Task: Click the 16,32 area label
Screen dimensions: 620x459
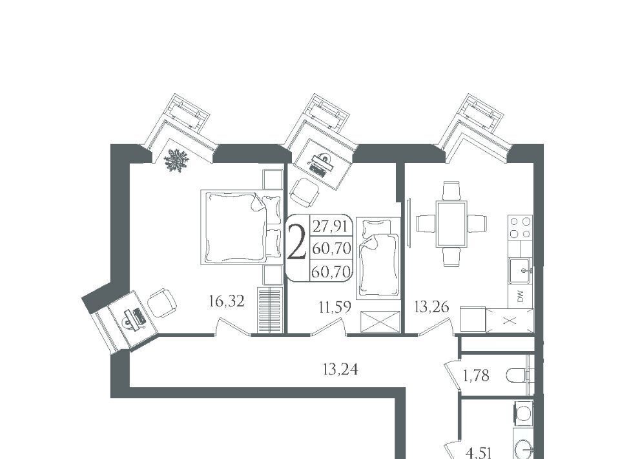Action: click(227, 302)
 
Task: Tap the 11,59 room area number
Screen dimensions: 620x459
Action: click(335, 306)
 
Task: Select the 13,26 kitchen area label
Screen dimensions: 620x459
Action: click(431, 306)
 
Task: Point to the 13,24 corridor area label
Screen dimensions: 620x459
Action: click(340, 369)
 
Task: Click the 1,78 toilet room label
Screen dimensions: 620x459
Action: click(476, 375)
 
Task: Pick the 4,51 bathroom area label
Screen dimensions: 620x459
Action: click(479, 453)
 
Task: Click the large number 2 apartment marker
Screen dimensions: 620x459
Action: click(296, 242)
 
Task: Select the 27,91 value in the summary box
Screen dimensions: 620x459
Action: click(330, 227)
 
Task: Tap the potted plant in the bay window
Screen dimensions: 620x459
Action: click(176, 160)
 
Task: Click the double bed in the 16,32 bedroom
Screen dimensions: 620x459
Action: click(242, 227)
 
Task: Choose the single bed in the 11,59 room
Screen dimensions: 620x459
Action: click(378, 258)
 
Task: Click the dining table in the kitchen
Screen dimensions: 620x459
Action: click(451, 224)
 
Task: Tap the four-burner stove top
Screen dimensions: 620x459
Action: click(520, 228)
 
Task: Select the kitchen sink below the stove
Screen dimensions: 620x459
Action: click(520, 271)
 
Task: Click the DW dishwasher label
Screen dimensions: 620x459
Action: click(520, 296)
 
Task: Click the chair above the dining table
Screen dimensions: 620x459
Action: click(451, 190)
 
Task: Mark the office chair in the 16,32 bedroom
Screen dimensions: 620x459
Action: click(161, 303)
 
